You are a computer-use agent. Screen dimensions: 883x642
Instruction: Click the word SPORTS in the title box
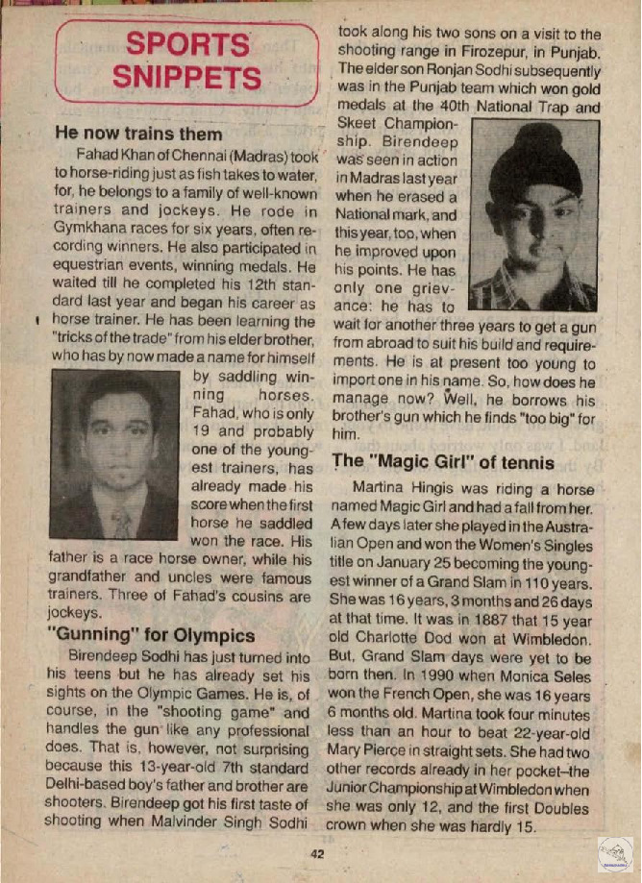pyautogui.click(x=187, y=44)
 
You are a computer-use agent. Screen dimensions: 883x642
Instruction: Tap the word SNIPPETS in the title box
pyautogui.click(x=187, y=77)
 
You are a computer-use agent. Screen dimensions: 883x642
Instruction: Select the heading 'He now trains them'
pyautogui.click(x=139, y=134)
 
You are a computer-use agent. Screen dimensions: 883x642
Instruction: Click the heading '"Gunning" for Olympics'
pyautogui.click(x=152, y=635)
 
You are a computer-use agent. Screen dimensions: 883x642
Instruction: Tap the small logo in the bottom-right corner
pyautogui.click(x=615, y=854)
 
